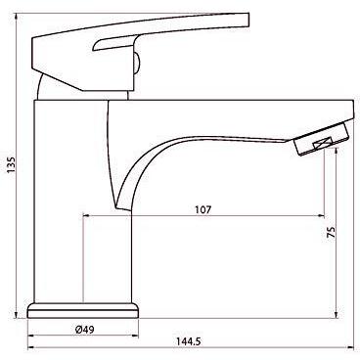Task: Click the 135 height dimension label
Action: tap(11, 165)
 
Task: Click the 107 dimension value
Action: tap(203, 209)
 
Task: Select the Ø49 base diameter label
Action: tap(84, 330)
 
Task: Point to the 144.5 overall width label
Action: tap(189, 341)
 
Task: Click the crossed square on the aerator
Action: tap(322, 144)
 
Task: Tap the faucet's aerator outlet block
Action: tap(323, 139)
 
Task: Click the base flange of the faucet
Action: tap(83, 310)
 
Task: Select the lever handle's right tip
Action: tap(248, 21)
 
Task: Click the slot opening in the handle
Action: tap(115, 43)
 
